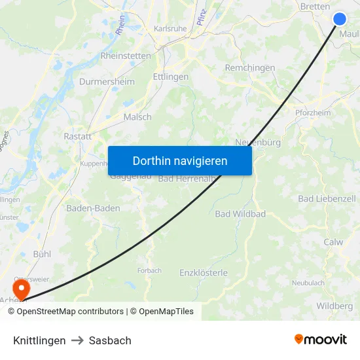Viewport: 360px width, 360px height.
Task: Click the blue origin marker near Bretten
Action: click(x=340, y=18)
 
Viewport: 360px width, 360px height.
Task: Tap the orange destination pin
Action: click(x=22, y=287)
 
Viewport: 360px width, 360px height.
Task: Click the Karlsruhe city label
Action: click(x=170, y=29)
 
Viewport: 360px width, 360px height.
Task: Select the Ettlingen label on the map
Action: click(x=170, y=77)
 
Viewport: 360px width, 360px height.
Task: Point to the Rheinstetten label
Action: click(x=125, y=56)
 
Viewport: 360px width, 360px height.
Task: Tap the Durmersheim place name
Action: click(x=107, y=82)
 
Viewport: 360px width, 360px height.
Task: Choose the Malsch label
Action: click(x=137, y=117)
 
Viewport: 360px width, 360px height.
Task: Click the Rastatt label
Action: click(x=77, y=136)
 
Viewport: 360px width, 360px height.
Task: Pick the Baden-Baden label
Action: click(x=93, y=208)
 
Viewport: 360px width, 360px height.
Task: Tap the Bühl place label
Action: click(x=42, y=253)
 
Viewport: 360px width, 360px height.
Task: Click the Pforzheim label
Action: click(x=312, y=113)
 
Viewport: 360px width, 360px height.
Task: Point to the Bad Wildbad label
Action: click(x=240, y=214)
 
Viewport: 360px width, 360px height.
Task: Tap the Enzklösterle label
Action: click(x=204, y=272)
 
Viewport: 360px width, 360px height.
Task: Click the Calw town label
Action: click(x=333, y=242)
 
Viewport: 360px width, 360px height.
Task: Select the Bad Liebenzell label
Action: click(x=327, y=198)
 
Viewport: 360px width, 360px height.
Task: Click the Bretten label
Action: click(x=315, y=6)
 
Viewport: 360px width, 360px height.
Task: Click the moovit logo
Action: click(x=321, y=339)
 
